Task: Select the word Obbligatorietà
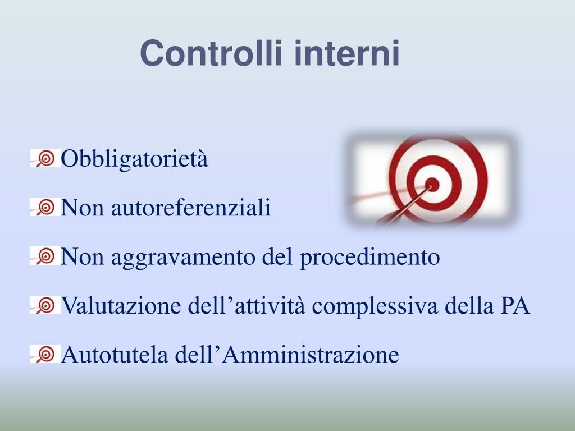pyautogui.click(x=134, y=159)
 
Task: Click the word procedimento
pyautogui.click(x=369, y=258)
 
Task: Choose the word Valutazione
pyautogui.click(x=112, y=306)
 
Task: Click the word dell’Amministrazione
pyautogui.click(x=287, y=355)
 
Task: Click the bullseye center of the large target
pyautogui.click(x=432, y=183)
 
